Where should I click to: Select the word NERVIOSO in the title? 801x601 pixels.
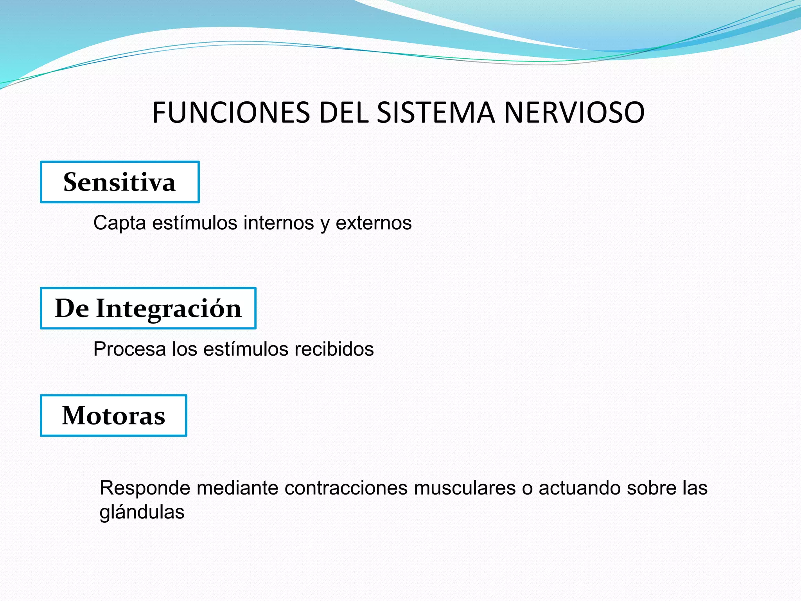pyautogui.click(x=574, y=113)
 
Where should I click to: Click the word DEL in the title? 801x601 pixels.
pyautogui.click(x=344, y=113)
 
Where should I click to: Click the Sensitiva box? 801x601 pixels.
pyautogui.click(x=120, y=182)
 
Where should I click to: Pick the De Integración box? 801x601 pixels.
pyautogui.click(x=148, y=308)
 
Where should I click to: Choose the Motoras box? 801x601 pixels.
pyautogui.click(x=113, y=416)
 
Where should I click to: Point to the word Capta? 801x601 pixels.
pyautogui.click(x=120, y=223)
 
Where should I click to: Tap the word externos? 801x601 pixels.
pyautogui.click(x=374, y=223)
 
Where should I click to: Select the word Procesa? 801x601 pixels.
pyautogui.click(x=129, y=349)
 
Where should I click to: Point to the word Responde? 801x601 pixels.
pyautogui.click(x=145, y=488)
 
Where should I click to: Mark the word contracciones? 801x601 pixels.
pyautogui.click(x=346, y=488)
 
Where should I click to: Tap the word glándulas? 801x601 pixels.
pyautogui.click(x=142, y=512)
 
